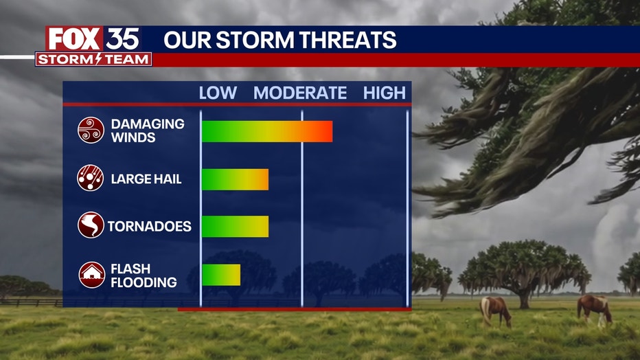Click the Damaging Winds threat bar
267,131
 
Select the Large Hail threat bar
235,179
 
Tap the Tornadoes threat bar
235,226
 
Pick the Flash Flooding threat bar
221,275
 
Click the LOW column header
218,93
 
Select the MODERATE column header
300,93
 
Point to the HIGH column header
385,93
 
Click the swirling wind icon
91,131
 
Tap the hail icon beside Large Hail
91,178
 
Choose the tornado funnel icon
91,225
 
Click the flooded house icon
92,275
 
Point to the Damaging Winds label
148,131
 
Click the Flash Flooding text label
144,275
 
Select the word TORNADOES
150,226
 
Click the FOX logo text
74,39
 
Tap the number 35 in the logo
122,39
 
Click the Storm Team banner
93,59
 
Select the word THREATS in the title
347,40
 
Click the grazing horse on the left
495,311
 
